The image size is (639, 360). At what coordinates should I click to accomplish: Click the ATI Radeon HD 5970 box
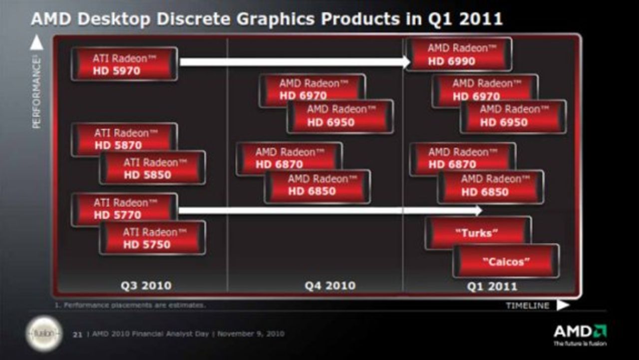pos(124,64)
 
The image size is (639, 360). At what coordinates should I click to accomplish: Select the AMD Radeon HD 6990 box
pos(458,54)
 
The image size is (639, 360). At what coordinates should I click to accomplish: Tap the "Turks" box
pos(478,233)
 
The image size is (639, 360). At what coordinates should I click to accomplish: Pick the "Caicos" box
pos(506,261)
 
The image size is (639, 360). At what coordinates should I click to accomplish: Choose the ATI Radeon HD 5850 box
pos(152,168)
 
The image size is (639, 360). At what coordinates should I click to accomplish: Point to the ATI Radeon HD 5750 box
pos(152,238)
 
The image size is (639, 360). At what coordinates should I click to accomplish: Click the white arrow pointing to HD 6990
pos(295,62)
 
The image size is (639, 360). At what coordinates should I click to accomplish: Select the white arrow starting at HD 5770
pos(329,211)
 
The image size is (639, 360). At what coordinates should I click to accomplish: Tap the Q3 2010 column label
pos(146,286)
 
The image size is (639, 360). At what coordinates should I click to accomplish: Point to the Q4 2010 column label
pos(330,286)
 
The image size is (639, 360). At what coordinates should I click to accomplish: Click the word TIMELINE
pos(527,306)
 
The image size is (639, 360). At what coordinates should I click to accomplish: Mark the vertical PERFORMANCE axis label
pos(36,92)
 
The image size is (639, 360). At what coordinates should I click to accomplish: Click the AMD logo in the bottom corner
pos(580,332)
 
